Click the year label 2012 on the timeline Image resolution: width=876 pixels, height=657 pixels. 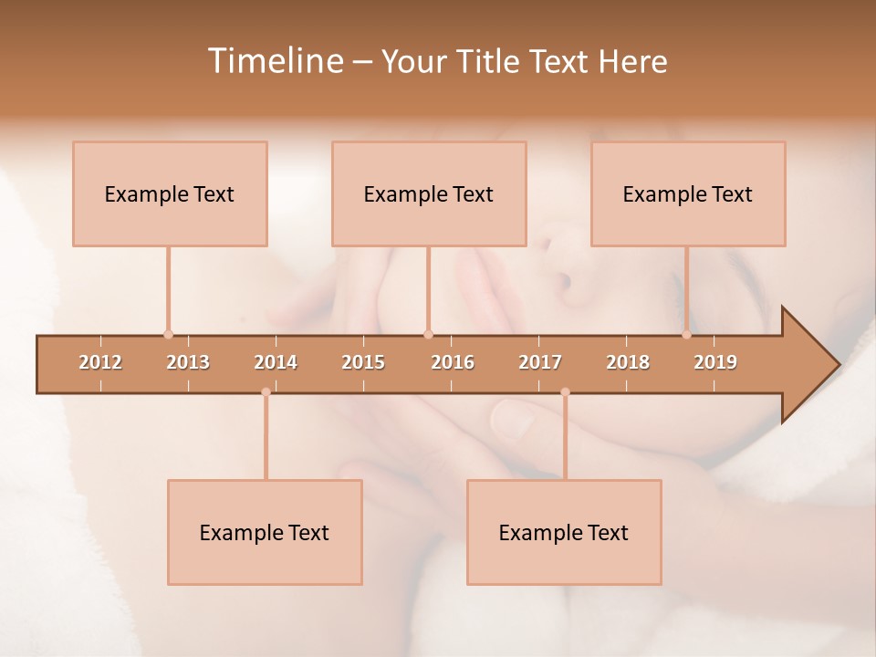(100, 362)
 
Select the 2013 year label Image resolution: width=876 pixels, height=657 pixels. (188, 362)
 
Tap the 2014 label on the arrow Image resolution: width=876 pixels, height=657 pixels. (276, 362)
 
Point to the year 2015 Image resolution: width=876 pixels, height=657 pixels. (363, 362)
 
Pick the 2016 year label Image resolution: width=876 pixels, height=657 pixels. (453, 362)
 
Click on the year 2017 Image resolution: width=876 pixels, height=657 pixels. (540, 362)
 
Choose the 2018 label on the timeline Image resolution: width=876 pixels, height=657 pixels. (628, 362)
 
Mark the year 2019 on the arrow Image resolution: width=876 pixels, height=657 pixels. (715, 362)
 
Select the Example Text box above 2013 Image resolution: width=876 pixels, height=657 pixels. (170, 193)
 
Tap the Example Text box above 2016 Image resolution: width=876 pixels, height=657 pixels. (429, 193)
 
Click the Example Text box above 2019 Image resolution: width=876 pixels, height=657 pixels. (688, 193)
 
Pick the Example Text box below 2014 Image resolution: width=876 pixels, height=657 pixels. (265, 532)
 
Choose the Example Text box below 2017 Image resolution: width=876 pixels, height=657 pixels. (564, 532)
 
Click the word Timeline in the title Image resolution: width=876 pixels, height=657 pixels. (275, 61)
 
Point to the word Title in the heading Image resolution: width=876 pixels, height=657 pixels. (490, 61)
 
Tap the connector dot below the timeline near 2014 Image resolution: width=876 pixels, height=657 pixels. (266, 392)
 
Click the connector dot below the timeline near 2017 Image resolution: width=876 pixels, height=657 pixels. (565, 392)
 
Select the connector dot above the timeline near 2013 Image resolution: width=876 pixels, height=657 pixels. (168, 334)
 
